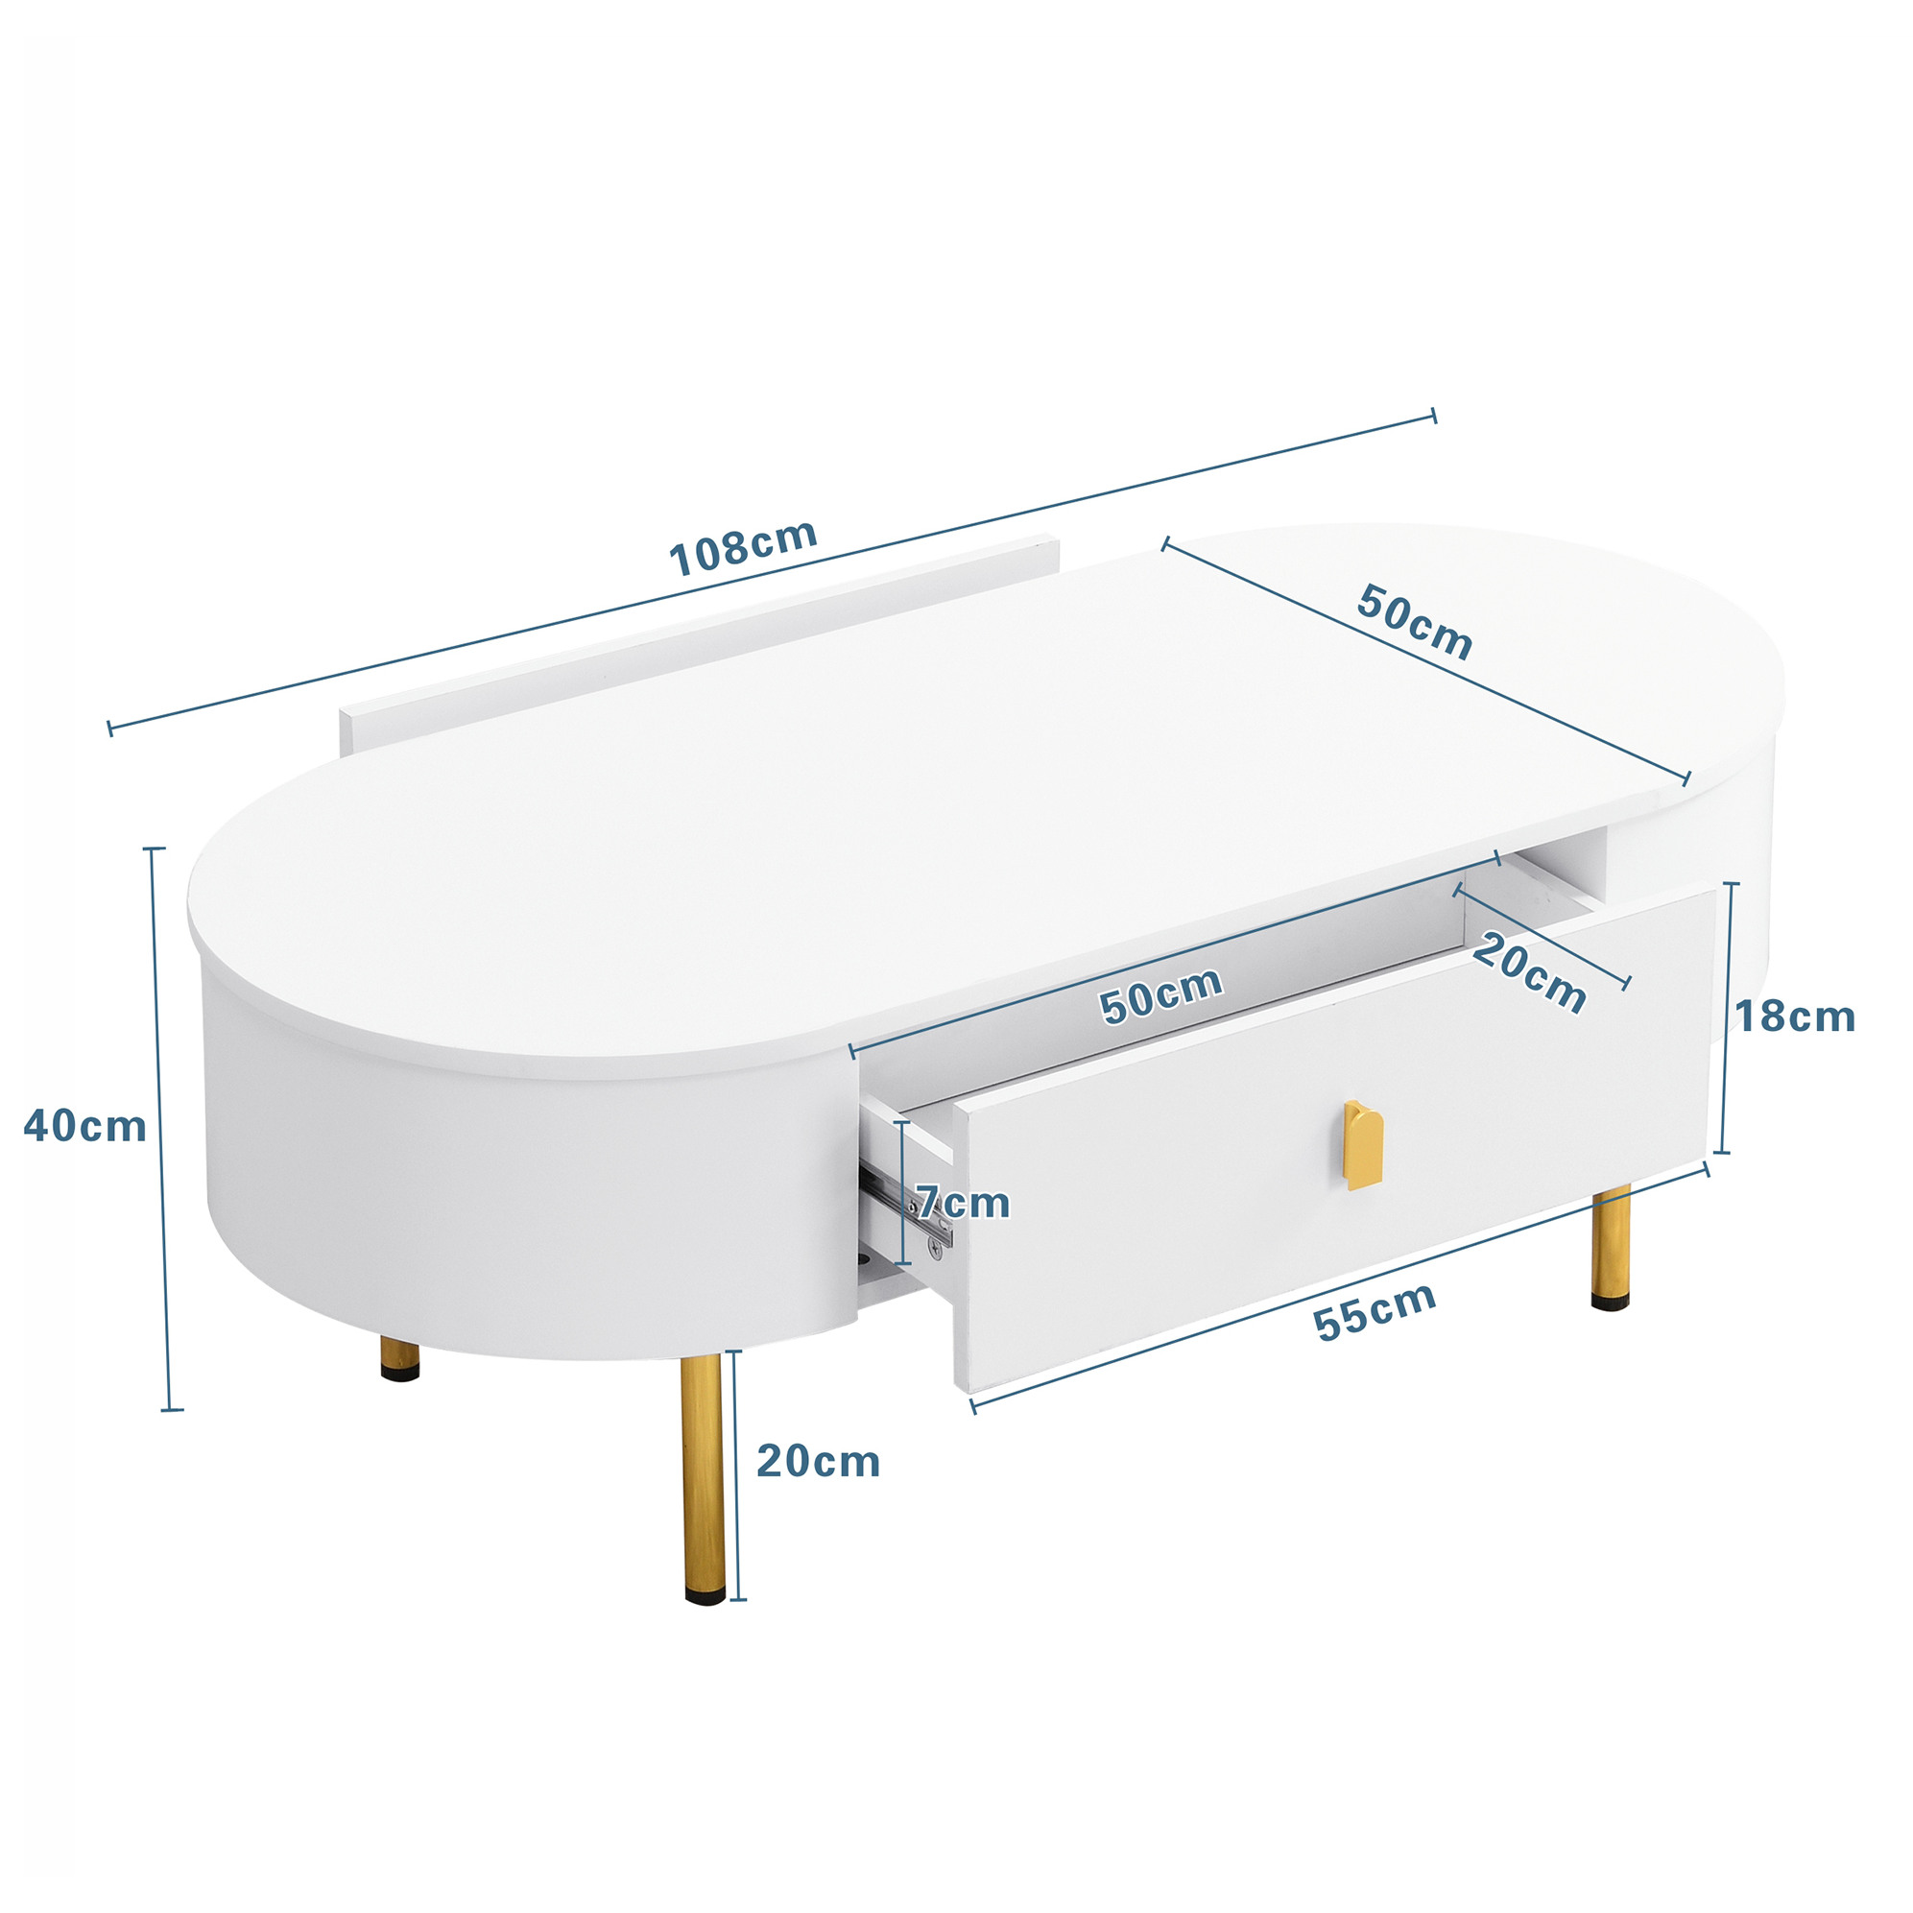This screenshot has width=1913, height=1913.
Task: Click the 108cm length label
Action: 744,547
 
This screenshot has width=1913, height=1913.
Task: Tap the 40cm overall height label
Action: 85,1127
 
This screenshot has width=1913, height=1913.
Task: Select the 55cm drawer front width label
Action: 1375,1311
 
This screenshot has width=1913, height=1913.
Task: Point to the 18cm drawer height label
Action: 1795,1016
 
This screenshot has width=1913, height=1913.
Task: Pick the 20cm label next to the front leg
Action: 818,1462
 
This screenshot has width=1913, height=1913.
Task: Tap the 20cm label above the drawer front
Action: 1529,974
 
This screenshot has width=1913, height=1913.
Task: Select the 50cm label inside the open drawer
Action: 1161,995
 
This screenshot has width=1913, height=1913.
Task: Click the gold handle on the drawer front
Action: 1363,1143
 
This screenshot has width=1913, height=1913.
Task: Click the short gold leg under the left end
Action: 400,1359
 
